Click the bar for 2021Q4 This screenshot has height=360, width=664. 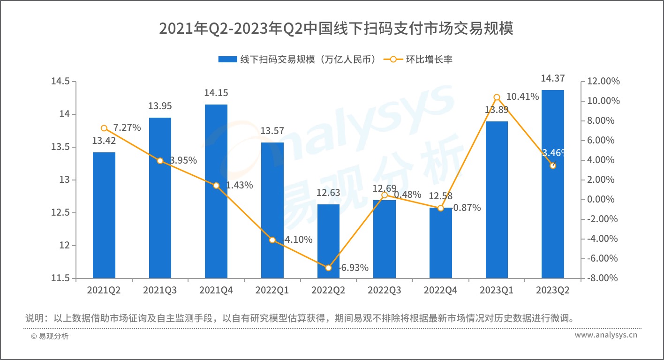[216, 191]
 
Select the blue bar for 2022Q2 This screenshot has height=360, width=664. [328, 241]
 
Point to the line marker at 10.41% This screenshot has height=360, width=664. [497, 97]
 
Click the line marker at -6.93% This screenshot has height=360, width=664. [328, 268]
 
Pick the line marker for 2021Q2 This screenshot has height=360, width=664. [104, 128]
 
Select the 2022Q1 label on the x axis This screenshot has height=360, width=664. [272, 291]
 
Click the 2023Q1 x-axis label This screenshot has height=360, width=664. [497, 291]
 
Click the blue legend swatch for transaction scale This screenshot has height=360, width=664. [227, 60]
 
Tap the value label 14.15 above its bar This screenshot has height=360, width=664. [216, 93]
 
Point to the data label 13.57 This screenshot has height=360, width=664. [272, 131]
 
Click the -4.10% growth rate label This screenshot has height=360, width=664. [296, 240]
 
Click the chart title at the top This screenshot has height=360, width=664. [336, 29]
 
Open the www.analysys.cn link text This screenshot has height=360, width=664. [606, 336]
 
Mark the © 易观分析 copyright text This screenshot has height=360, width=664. [50, 336]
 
